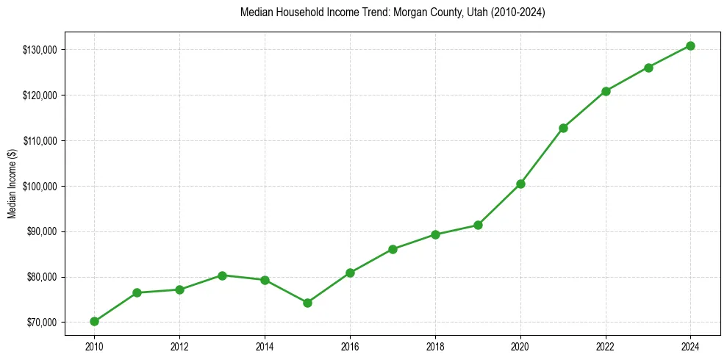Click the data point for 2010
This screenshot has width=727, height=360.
(x=94, y=321)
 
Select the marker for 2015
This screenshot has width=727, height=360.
(x=307, y=303)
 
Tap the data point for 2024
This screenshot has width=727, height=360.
(x=691, y=46)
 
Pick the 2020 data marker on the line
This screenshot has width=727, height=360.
(x=520, y=184)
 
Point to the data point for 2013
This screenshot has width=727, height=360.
(x=222, y=276)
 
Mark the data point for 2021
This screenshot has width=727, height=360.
(x=563, y=128)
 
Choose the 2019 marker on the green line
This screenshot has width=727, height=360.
(x=478, y=225)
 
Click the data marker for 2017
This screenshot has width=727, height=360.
(x=393, y=249)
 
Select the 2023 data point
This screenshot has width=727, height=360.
(x=648, y=68)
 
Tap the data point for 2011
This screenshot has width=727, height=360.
(x=137, y=292)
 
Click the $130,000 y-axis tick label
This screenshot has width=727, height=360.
(x=41, y=50)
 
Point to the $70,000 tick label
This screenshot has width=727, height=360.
(x=43, y=323)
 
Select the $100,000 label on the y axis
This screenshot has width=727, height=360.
(x=41, y=186)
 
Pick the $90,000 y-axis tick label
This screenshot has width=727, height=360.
(x=43, y=231)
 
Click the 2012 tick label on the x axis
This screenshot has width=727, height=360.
(x=179, y=346)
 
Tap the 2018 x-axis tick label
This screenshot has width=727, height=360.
(x=435, y=346)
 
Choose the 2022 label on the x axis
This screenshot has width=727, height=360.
(x=606, y=346)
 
